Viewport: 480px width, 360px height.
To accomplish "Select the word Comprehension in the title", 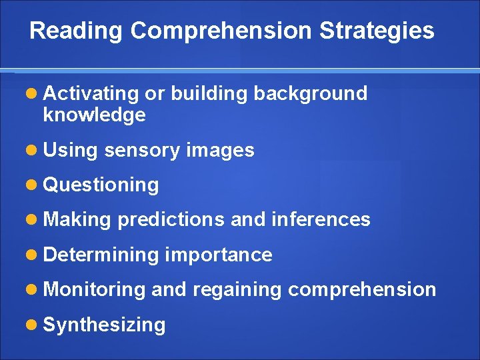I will [x=221, y=31].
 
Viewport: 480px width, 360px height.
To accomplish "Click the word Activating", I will [x=91, y=94].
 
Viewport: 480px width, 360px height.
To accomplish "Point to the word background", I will [x=311, y=94].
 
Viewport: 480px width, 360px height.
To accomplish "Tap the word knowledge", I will [x=94, y=115].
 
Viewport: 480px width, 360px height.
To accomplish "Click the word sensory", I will [x=142, y=151].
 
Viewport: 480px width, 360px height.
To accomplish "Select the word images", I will [x=221, y=151].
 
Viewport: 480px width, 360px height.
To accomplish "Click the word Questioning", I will [x=101, y=185].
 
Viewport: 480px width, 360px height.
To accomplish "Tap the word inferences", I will [x=321, y=220].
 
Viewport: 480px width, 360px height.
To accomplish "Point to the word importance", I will [x=219, y=255].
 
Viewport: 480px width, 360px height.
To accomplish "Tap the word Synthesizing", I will [x=104, y=325].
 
